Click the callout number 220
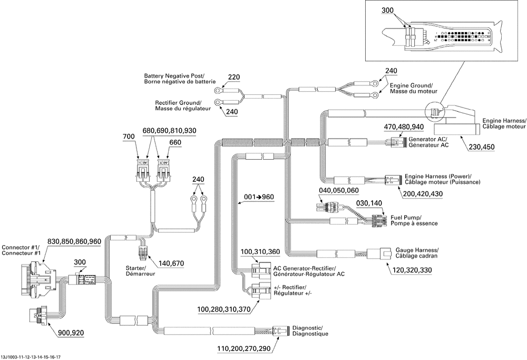click(x=234, y=77)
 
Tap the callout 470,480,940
click(x=404, y=127)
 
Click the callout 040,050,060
click(x=339, y=191)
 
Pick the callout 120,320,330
click(x=412, y=270)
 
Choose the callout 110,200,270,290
click(x=243, y=349)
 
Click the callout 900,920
click(x=71, y=333)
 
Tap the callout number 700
click(x=129, y=137)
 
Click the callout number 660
click(x=175, y=142)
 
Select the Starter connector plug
click(x=142, y=251)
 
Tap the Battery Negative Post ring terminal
click(x=219, y=90)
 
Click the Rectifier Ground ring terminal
click(x=219, y=102)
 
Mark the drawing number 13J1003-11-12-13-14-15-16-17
click(x=33, y=357)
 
